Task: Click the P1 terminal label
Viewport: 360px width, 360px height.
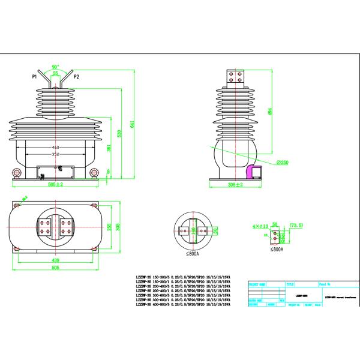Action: pyautogui.click(x=35, y=77)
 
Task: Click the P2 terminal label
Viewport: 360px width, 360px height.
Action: pyautogui.click(x=77, y=77)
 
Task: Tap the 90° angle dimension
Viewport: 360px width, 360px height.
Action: pyautogui.click(x=55, y=67)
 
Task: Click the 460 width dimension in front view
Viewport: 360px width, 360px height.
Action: pyautogui.click(x=55, y=146)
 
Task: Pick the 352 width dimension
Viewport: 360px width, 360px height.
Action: pyautogui.click(x=55, y=154)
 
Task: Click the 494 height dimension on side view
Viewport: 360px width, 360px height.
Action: pyautogui.click(x=270, y=111)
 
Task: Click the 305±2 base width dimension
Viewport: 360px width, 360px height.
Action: pyautogui.click(x=235, y=185)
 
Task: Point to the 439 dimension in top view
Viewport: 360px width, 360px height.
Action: pyautogui.click(x=55, y=260)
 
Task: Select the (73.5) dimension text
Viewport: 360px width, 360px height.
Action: pyautogui.click(x=296, y=225)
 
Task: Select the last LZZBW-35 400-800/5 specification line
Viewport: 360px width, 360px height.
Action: pyautogui.click(x=184, y=304)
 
